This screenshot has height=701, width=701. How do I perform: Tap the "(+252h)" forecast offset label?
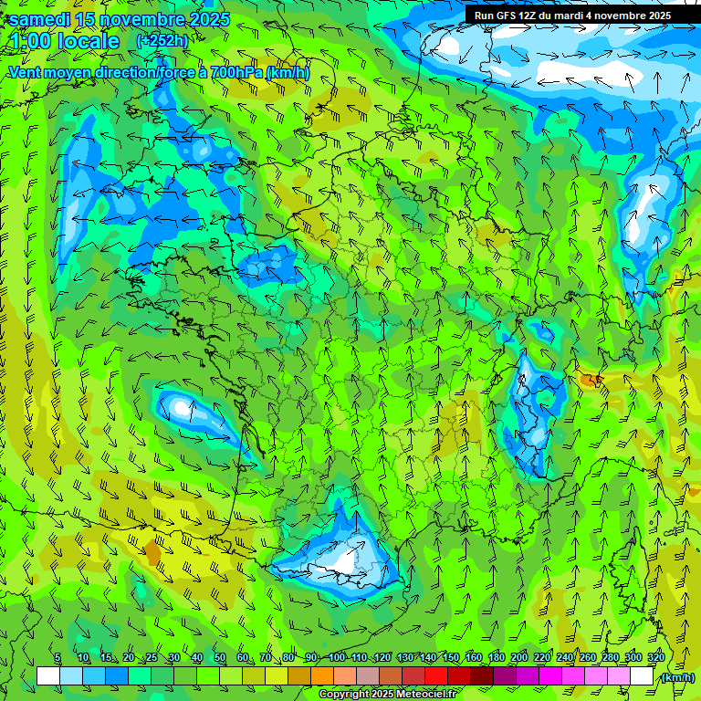point(162,40)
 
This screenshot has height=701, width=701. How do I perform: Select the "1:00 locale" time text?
point(66,41)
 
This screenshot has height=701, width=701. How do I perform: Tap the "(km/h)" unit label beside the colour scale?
point(676,677)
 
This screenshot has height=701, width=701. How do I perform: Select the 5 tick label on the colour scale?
point(58,658)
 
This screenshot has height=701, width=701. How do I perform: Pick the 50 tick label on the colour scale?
point(220,658)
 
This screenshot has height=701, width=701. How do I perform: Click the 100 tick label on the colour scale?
point(337,658)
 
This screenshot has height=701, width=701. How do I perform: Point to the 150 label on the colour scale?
point(451,658)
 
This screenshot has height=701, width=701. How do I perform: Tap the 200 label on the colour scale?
point(519,658)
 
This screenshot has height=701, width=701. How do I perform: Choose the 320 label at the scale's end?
point(656,658)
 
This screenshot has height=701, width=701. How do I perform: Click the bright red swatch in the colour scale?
point(436,676)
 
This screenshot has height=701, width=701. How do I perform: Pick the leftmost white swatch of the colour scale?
point(48,676)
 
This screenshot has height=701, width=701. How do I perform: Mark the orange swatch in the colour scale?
point(322,676)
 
